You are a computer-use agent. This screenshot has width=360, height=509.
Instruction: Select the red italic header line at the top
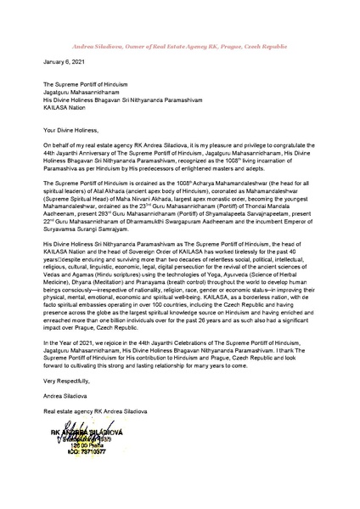click(179, 19)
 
